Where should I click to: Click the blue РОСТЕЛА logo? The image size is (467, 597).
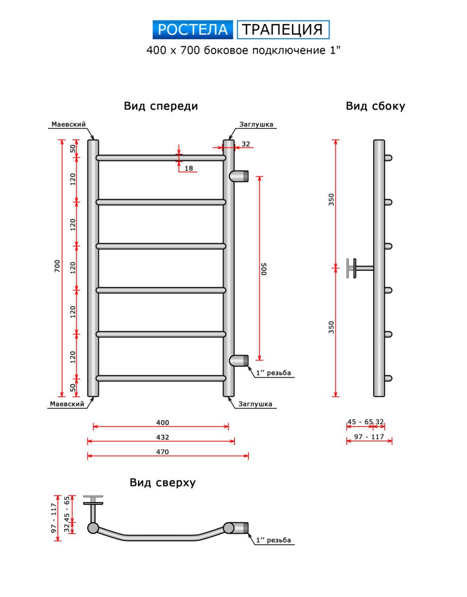click(x=193, y=30)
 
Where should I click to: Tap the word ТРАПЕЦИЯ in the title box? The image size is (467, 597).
click(x=283, y=30)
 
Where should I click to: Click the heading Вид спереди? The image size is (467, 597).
click(x=161, y=106)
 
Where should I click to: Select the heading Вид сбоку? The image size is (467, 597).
click(x=376, y=106)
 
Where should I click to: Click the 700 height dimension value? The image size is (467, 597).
click(x=57, y=266)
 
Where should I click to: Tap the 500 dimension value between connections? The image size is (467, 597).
click(x=264, y=269)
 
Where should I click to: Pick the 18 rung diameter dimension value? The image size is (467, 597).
click(x=189, y=168)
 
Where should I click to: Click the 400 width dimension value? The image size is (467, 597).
click(x=162, y=422)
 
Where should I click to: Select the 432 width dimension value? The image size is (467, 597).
click(x=162, y=437)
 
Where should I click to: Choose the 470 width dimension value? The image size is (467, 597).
click(x=162, y=452)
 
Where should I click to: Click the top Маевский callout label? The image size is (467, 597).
click(x=69, y=124)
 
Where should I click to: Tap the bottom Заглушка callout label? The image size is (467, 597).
click(x=255, y=404)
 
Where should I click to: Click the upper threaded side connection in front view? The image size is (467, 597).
click(x=239, y=176)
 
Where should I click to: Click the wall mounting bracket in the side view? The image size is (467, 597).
click(x=360, y=268)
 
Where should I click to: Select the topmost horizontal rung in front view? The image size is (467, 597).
click(x=161, y=158)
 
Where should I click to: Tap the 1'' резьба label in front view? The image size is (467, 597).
click(x=273, y=373)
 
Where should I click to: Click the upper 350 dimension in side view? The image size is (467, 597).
click(x=331, y=199)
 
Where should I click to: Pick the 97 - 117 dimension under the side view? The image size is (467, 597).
click(x=369, y=436)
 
